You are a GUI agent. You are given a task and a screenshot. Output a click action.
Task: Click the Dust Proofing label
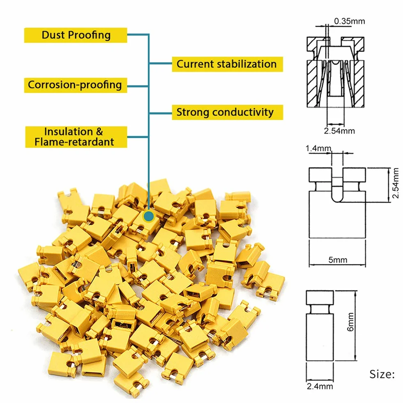pos(76,35)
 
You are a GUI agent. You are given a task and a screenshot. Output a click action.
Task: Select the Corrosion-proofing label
pos(76,85)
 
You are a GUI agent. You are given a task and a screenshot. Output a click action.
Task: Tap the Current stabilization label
pos(228,64)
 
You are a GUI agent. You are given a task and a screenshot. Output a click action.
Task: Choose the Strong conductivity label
pos(228,112)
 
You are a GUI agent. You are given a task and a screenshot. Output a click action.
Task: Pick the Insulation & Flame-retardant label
pos(76,137)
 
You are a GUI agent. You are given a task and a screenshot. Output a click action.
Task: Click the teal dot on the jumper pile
pos(149,216)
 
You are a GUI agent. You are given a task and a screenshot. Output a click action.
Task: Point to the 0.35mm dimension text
pos(350,21)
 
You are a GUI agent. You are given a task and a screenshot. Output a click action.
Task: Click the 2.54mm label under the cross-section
pos(339,131)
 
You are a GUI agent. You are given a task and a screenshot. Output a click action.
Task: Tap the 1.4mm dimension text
pos(318,148)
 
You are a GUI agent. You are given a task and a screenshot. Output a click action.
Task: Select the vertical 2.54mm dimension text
pos(396,183)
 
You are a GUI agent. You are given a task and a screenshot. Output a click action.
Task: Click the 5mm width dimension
pos(338,260)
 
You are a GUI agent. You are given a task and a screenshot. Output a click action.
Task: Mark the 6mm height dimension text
pos(350,322)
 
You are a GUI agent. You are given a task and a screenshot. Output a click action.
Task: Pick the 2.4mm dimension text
pos(320,386)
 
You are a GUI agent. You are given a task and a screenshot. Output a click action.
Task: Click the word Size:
pos(382,375)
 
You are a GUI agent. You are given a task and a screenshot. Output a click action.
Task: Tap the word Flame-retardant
pos(74,142)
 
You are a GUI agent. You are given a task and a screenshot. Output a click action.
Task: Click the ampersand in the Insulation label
pos(99,131)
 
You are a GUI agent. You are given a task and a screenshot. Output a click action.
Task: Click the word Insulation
pos(68,131)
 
